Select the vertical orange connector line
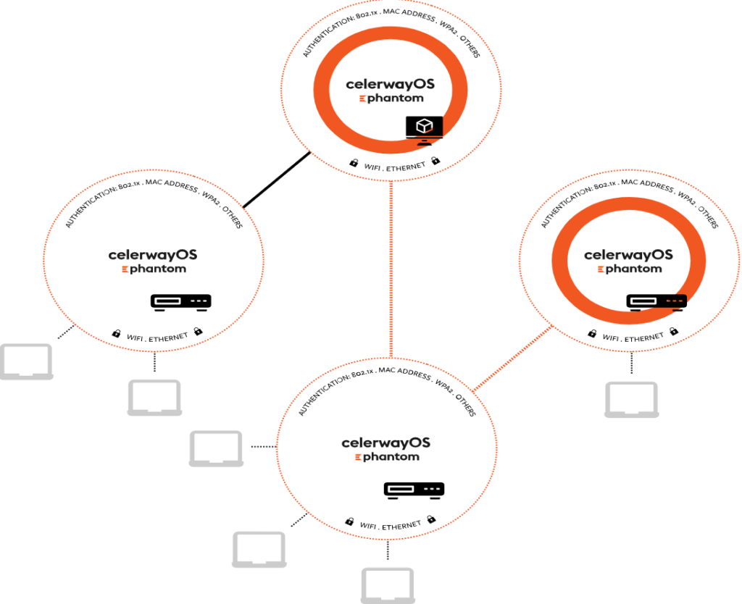pyautogui.click(x=391, y=268)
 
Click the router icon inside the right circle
pyautogui.click(x=656, y=301)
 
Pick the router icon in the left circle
pyautogui.click(x=181, y=301)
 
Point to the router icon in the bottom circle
pyautogui.click(x=414, y=490)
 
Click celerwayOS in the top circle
pyautogui.click(x=390, y=84)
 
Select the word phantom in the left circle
pyautogui.click(x=158, y=269)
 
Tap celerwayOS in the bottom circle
pyautogui.click(x=385, y=442)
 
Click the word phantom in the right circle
pyautogui.click(x=633, y=269)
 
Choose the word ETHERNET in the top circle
pyautogui.click(x=407, y=168)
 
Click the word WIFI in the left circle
pyautogui.click(x=136, y=337)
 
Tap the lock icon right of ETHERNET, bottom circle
pyautogui.click(x=431, y=519)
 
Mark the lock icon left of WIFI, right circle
pyautogui.click(x=592, y=334)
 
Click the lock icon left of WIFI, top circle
pyautogui.click(x=354, y=163)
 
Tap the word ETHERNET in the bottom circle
pyautogui.click(x=401, y=525)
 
